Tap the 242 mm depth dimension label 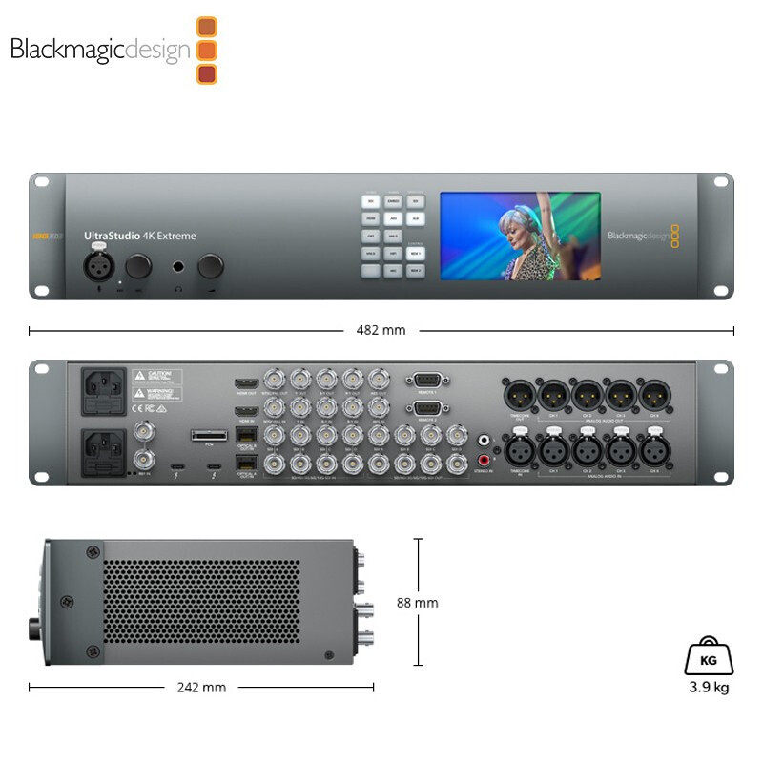[202, 687]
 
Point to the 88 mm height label [417, 603]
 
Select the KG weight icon [708, 656]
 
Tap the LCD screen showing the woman [520, 237]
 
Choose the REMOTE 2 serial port [424, 408]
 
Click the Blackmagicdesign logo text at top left [100, 50]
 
